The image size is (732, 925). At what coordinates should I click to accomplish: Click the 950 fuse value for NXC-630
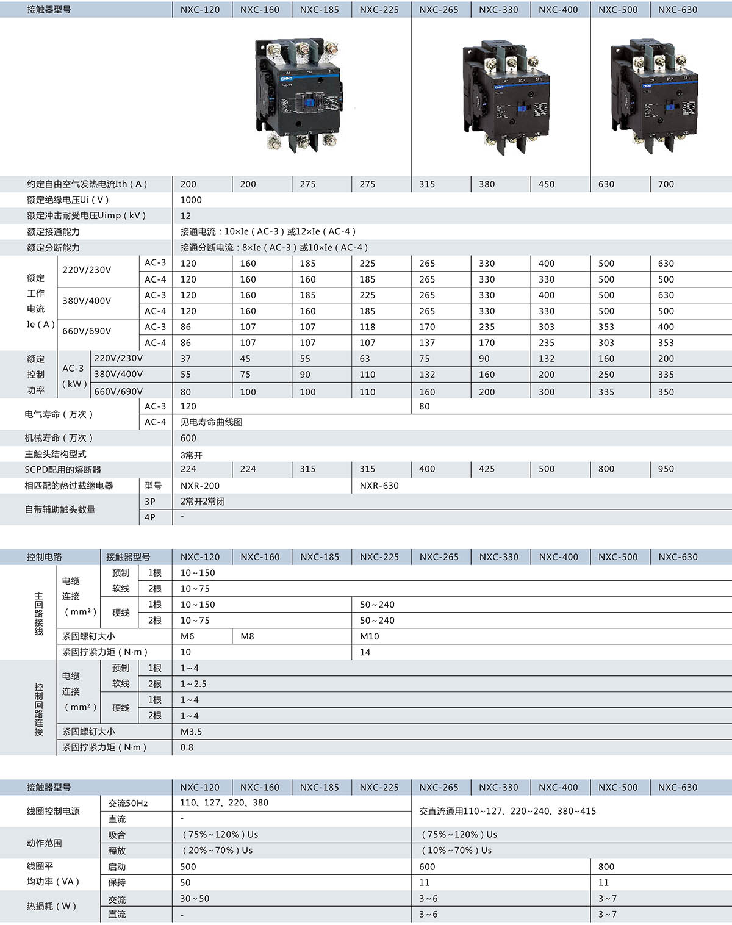click(666, 469)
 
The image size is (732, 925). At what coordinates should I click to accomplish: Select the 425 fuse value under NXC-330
click(487, 469)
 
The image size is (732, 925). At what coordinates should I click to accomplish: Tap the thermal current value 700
click(666, 184)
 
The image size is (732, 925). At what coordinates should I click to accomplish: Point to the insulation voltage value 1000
click(191, 200)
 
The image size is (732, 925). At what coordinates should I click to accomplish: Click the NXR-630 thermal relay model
click(379, 486)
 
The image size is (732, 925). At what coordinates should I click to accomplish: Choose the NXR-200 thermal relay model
click(199, 486)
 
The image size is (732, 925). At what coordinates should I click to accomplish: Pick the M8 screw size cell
click(247, 636)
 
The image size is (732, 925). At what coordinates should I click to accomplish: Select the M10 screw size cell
click(369, 636)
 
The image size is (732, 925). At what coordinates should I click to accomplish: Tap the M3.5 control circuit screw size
click(191, 732)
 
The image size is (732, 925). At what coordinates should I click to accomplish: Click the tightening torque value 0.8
click(187, 747)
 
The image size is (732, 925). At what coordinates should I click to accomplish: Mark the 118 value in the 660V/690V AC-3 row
click(367, 327)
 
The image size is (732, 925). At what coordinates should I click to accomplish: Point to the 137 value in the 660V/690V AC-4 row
click(427, 343)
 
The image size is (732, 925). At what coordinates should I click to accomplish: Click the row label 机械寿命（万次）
click(59, 438)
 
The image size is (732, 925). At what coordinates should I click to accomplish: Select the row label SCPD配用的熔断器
click(63, 470)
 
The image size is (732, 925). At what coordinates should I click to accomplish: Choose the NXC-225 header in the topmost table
click(379, 10)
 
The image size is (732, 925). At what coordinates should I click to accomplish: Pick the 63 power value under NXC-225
click(365, 359)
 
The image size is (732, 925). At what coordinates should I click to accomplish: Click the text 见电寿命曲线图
click(211, 422)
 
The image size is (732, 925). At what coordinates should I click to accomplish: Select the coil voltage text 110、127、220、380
click(224, 803)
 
